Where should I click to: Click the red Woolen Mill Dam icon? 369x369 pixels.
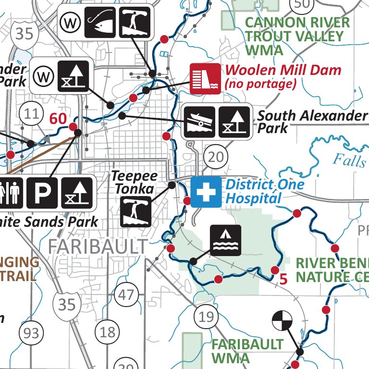(x=205, y=78)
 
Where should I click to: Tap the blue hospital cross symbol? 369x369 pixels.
(x=206, y=192)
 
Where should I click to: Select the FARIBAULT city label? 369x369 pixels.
(x=98, y=246)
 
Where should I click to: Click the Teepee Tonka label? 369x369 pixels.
(x=135, y=183)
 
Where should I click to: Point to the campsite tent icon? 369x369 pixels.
(x=225, y=240)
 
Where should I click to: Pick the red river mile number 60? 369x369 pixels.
(x=58, y=118)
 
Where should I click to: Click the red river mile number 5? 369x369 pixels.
(x=283, y=279)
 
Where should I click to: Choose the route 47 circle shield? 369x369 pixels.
(x=126, y=294)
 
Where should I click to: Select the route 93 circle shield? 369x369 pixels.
(x=32, y=332)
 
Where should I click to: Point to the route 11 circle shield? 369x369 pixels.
(x=32, y=114)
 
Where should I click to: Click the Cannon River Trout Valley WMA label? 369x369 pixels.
(x=297, y=36)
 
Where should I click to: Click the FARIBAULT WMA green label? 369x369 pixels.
(x=247, y=351)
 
